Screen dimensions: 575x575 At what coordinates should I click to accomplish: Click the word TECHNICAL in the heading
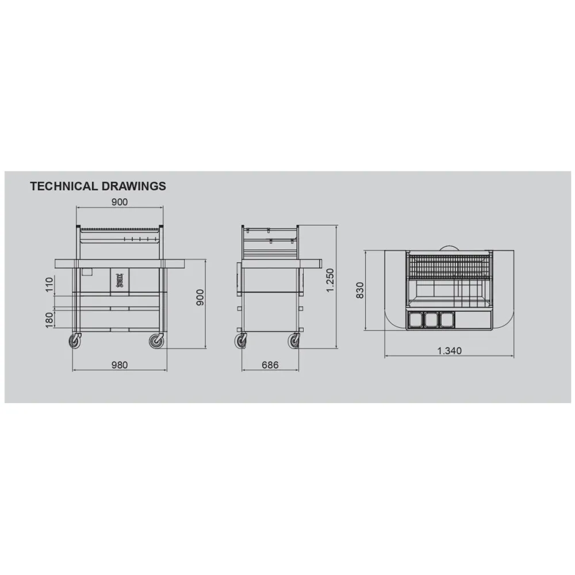64,186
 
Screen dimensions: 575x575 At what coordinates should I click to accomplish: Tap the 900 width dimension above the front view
120,202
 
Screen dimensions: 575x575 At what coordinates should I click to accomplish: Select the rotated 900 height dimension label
200,298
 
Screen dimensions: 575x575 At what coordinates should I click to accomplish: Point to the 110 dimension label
49,285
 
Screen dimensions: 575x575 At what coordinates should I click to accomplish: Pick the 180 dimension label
49,320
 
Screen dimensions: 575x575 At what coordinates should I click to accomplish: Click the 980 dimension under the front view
120,365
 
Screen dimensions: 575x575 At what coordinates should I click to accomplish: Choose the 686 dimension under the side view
270,365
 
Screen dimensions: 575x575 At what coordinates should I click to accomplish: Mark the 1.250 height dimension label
331,280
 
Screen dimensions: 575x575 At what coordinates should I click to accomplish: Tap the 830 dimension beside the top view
360,290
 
